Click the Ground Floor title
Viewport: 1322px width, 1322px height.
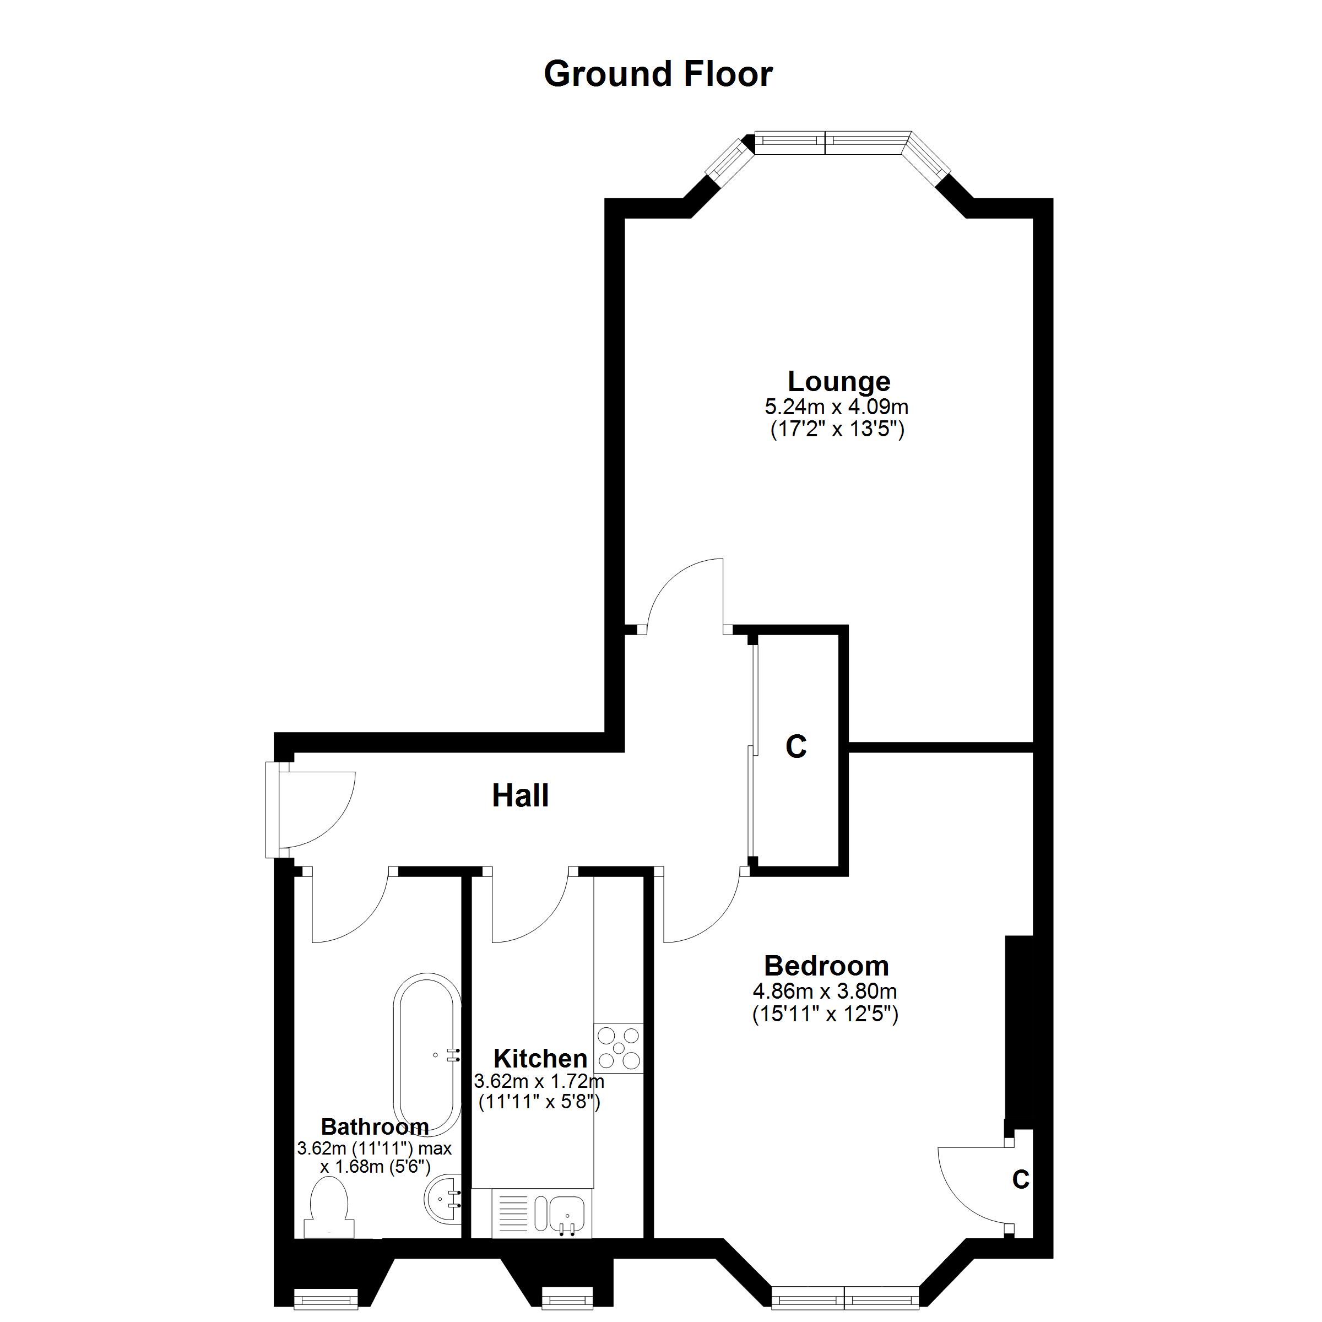(x=658, y=74)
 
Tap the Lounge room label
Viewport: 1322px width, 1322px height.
(x=838, y=381)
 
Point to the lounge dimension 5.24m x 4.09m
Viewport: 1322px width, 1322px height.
(x=836, y=407)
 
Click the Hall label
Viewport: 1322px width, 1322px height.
(x=520, y=796)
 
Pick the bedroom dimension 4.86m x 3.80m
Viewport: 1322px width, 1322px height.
(x=825, y=991)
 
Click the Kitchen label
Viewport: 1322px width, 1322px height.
(x=540, y=1059)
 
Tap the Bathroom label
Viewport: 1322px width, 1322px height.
(x=375, y=1126)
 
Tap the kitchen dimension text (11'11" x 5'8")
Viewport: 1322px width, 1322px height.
(x=539, y=1102)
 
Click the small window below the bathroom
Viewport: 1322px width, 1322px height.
(x=326, y=1297)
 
